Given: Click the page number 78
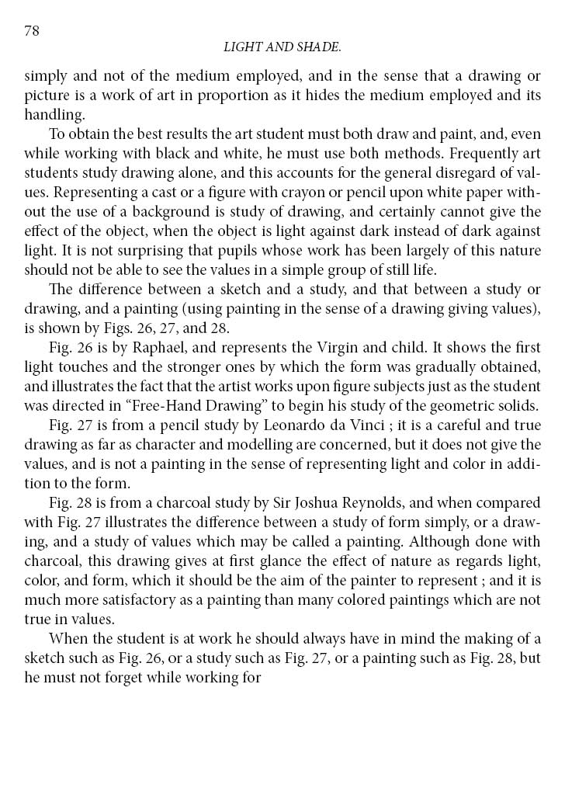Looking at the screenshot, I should click(x=32, y=31).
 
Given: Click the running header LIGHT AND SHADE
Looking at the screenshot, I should click(x=282, y=48).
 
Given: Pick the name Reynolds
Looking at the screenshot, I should click(x=369, y=501).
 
